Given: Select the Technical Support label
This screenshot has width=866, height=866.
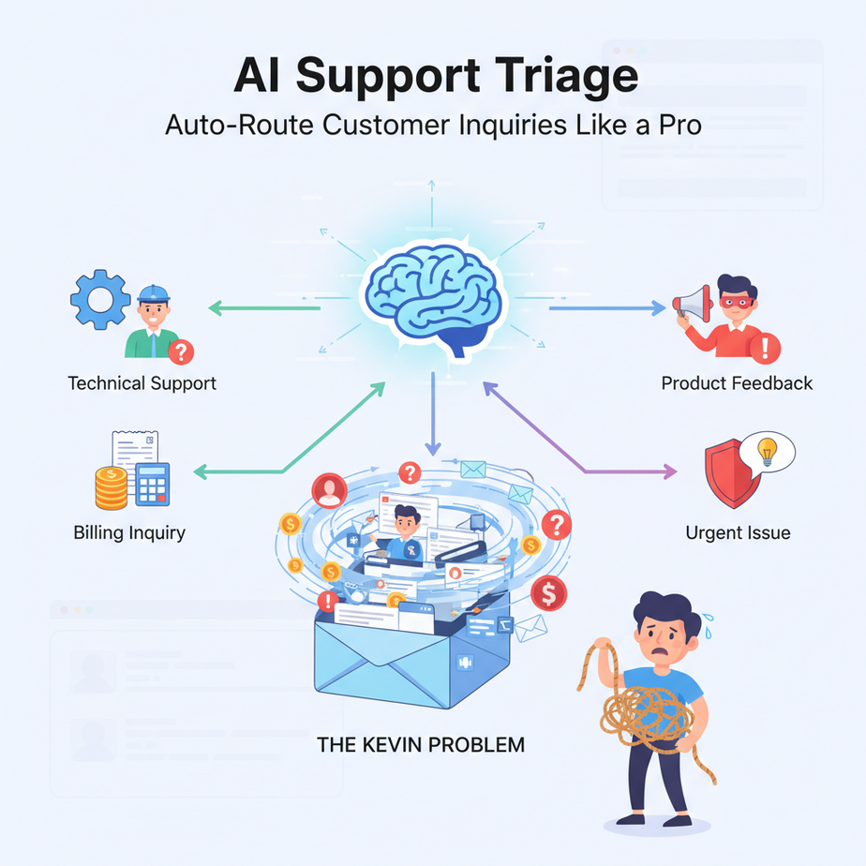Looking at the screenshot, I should point(142,383).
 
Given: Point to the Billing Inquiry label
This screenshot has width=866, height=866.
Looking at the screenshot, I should point(129,532).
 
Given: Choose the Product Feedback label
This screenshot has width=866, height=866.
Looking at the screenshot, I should point(737,382).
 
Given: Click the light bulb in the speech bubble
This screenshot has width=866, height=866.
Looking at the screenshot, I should point(768,449).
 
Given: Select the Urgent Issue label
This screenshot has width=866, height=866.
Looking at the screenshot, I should point(738,533).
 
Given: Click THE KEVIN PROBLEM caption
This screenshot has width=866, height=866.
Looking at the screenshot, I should point(421,746).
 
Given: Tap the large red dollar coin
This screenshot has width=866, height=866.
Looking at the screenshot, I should point(549,592).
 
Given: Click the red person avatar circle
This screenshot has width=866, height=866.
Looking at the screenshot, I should point(329,488).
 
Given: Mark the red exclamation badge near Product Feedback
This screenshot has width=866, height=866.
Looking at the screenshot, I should point(766,349).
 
